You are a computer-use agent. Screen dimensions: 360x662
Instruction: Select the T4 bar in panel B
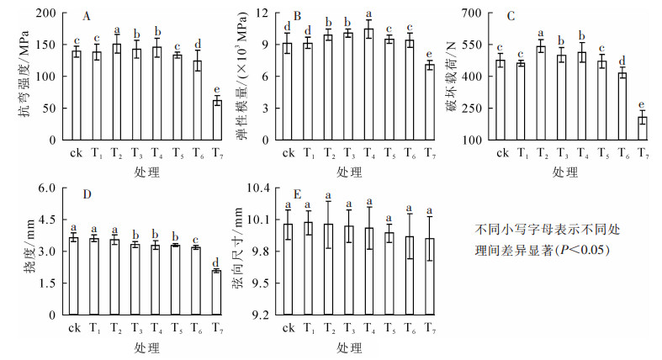point(368,84)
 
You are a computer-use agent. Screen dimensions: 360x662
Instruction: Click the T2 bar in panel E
point(328,269)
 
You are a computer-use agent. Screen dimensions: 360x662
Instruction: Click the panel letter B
point(297,16)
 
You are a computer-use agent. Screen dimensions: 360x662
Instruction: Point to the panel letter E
point(297,193)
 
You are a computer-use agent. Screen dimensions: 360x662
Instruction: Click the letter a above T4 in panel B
point(368,13)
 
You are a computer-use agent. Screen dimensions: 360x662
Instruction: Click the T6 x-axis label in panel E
point(410,327)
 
